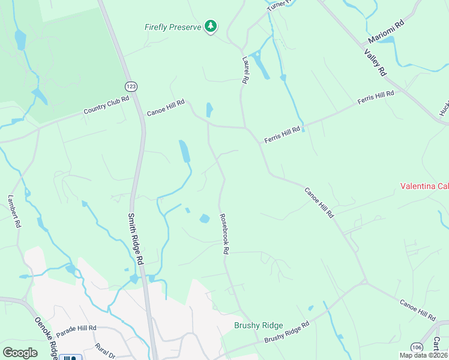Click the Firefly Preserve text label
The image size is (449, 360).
172,27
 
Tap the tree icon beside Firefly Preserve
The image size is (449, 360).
210,26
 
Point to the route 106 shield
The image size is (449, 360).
417,347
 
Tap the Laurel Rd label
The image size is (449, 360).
245,70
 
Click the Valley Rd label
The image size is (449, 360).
375,62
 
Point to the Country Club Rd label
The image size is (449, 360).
107,106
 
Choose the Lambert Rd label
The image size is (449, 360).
14,211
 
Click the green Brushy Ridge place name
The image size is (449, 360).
258,325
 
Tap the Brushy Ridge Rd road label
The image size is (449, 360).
287,331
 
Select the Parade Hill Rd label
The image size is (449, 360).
76,329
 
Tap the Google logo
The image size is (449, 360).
20,353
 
